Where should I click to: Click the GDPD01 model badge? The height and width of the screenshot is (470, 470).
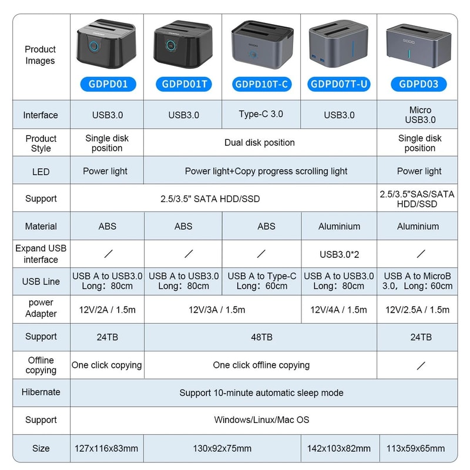click(x=107, y=84)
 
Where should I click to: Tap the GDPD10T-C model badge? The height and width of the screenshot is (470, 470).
click(x=261, y=84)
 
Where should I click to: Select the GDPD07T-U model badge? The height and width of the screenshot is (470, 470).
click(x=340, y=84)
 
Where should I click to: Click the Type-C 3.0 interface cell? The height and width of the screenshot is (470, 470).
click(x=261, y=114)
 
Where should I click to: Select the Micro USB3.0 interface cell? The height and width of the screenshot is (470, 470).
click(x=419, y=115)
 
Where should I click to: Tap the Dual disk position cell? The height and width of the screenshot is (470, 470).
click(x=260, y=143)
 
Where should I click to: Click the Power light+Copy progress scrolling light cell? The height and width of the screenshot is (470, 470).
click(x=266, y=172)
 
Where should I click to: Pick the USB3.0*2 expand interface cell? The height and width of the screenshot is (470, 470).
click(x=339, y=254)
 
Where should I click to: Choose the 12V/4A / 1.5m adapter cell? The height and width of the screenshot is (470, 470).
click(x=339, y=310)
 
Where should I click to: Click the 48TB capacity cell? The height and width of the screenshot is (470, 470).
click(x=261, y=337)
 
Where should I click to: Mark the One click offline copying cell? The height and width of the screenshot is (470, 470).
click(x=261, y=365)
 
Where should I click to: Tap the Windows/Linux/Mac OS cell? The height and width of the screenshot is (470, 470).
click(x=261, y=420)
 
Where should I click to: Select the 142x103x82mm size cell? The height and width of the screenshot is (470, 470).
click(x=339, y=448)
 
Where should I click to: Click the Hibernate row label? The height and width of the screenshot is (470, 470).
click(x=41, y=392)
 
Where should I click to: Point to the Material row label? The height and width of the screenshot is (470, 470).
click(x=41, y=226)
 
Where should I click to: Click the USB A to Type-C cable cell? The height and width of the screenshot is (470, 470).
click(x=261, y=281)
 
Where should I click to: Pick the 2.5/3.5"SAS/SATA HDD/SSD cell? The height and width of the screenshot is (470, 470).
click(x=417, y=199)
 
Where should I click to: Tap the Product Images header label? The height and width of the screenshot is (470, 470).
click(x=41, y=55)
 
